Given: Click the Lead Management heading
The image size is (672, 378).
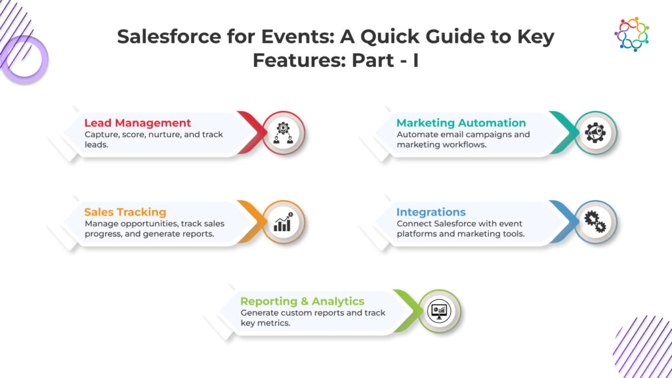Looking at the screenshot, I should (138, 123).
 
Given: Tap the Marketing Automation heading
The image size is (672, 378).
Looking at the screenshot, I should (461, 123).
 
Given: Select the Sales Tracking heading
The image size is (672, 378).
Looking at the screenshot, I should (125, 212).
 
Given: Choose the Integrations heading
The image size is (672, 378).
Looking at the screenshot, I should (430, 212).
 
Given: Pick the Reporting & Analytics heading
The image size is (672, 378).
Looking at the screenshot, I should (302, 301).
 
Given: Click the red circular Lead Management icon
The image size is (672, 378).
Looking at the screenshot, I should (284, 133).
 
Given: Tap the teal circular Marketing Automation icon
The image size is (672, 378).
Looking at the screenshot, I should (596, 133).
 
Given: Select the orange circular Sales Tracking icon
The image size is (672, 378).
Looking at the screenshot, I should (284, 222).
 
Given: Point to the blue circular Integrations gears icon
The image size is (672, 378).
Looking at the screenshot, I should (596, 222).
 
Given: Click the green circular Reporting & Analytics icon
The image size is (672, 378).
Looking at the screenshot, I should (440, 311).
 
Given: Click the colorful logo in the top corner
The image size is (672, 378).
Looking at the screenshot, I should (631, 34).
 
